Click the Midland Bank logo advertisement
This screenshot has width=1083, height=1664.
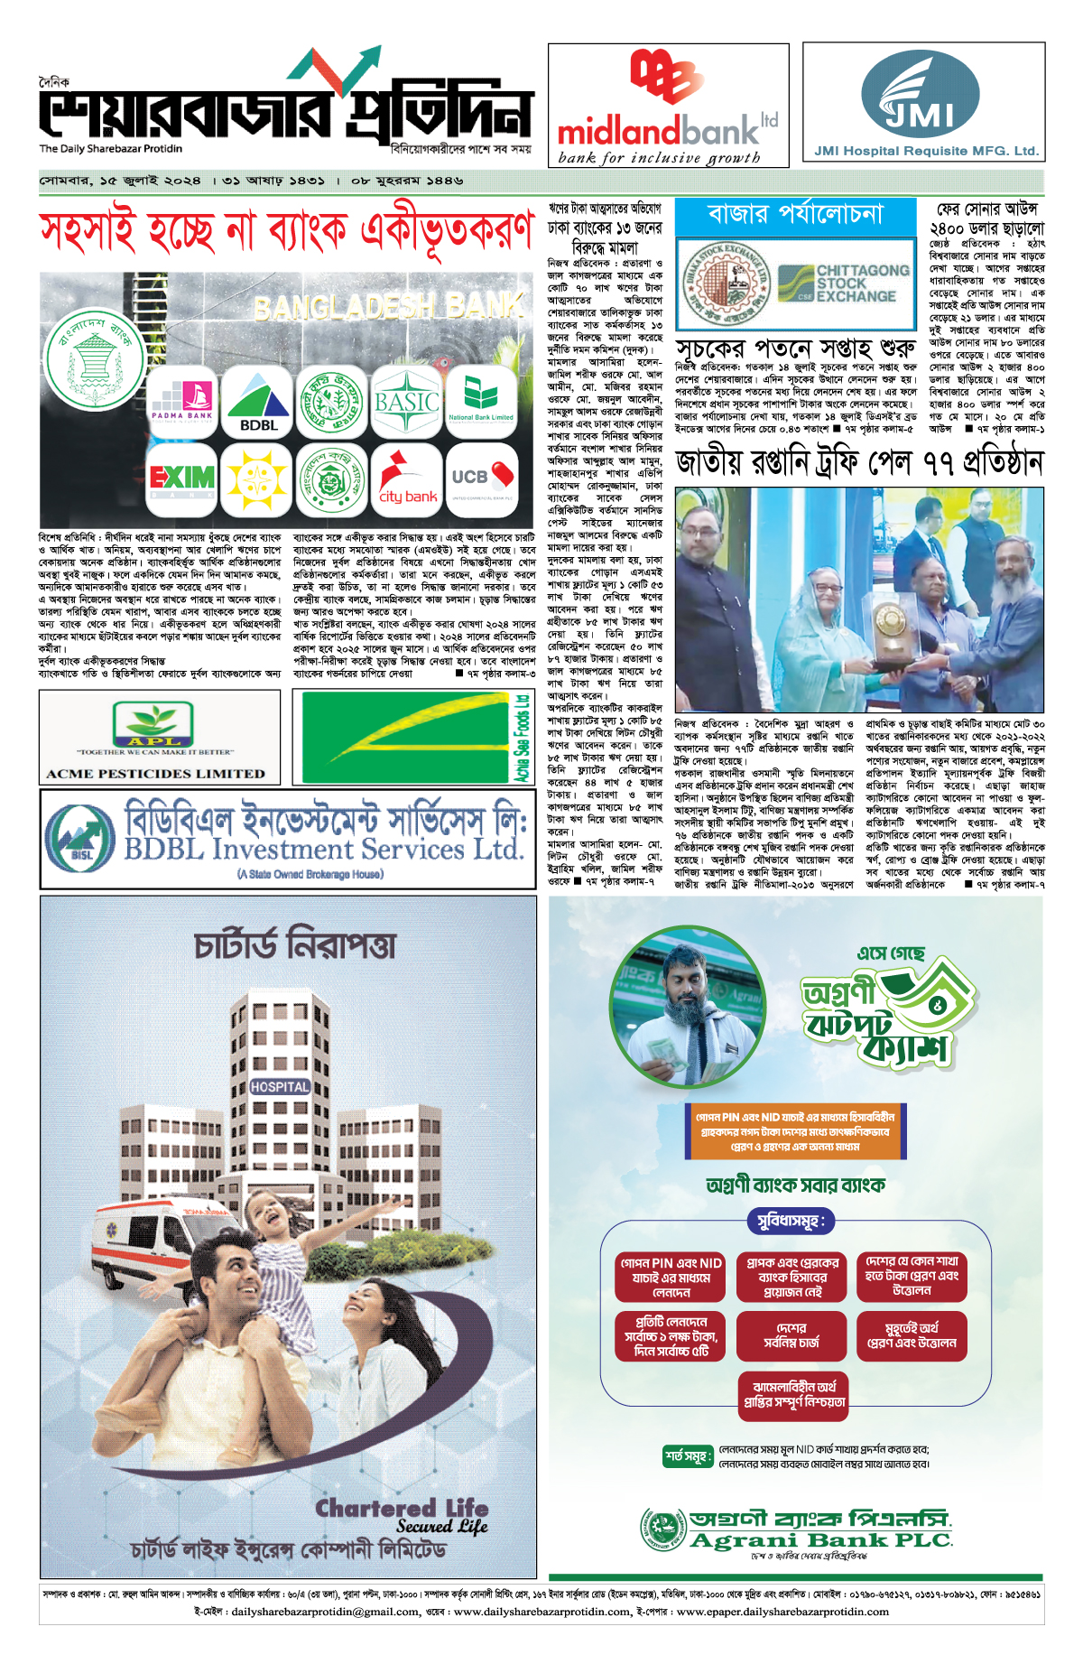[668, 106]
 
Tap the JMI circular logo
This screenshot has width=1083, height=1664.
[920, 95]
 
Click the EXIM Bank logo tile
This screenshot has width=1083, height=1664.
[182, 478]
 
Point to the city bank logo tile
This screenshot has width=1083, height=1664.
[407, 478]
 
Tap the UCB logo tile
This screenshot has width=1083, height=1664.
[482, 478]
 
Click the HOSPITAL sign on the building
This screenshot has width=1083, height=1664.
[280, 1087]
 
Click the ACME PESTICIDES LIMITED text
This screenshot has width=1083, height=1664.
[156, 774]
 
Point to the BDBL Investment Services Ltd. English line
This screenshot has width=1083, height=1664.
[323, 850]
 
